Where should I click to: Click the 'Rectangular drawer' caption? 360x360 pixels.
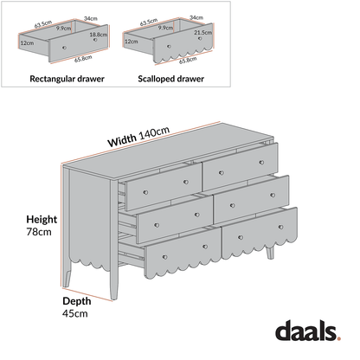[67, 78]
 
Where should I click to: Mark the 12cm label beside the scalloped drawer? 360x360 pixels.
[132, 41]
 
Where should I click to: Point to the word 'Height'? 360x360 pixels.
[41, 220]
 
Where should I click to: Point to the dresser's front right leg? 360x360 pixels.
[271, 253]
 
